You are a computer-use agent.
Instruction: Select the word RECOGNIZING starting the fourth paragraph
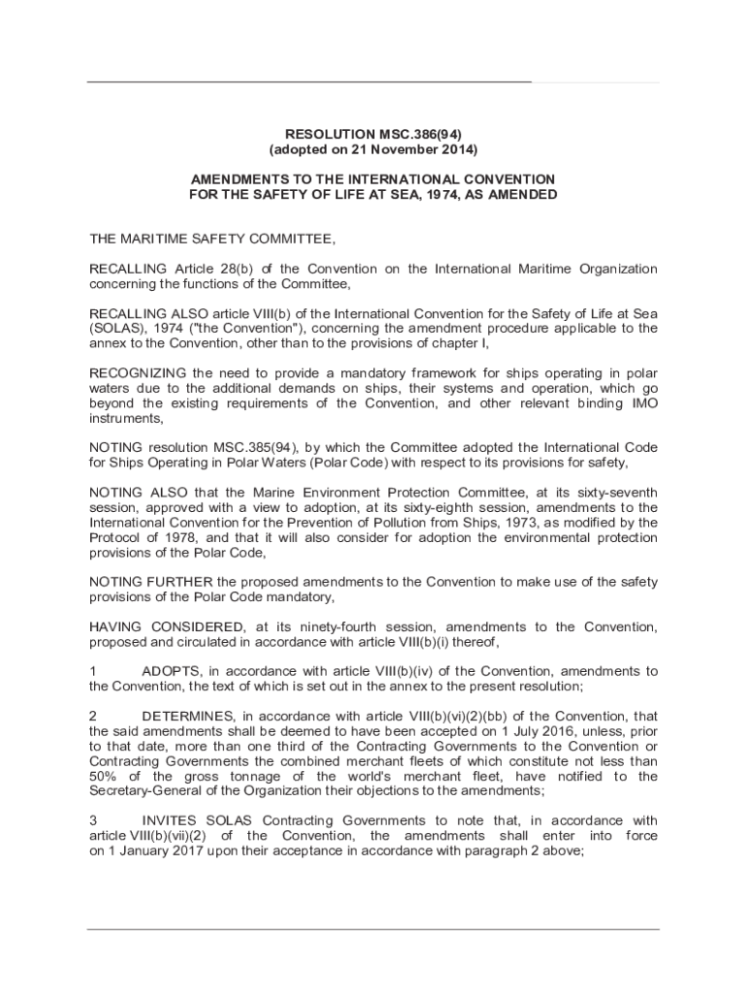point(137,373)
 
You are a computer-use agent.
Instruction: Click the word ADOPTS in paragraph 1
point(172,671)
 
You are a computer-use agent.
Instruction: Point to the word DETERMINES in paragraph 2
point(188,717)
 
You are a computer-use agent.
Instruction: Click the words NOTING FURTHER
point(151,582)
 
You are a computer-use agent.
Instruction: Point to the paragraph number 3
point(93,820)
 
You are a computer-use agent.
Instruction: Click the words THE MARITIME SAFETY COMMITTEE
point(212,239)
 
